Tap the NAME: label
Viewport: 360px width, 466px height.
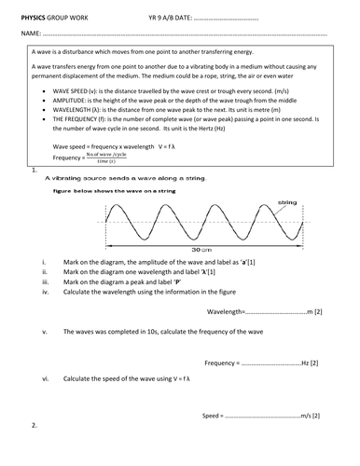click(x=29, y=34)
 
